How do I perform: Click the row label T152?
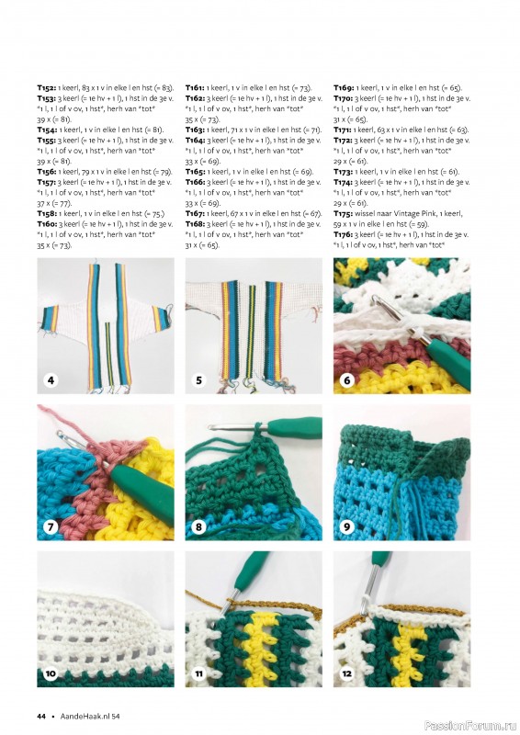pos(47,87)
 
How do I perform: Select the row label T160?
pos(47,224)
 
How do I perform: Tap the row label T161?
pos(195,87)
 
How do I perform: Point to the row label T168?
pos(195,224)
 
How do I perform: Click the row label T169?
pos(344,87)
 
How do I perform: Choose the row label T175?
pos(344,214)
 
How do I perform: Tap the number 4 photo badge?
pos(51,379)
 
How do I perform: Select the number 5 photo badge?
pos(198,379)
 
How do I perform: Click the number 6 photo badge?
pos(347,379)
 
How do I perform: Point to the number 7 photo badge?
pos(51,526)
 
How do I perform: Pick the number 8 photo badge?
pos(198,526)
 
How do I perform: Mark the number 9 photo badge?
pos(347,526)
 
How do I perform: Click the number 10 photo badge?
pos(51,673)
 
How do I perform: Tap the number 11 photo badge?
pos(198,673)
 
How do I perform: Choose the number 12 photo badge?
pos(347,673)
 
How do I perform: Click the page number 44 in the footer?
pos(41,716)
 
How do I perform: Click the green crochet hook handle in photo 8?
pos(296,427)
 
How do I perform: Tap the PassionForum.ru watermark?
pos(470,726)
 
